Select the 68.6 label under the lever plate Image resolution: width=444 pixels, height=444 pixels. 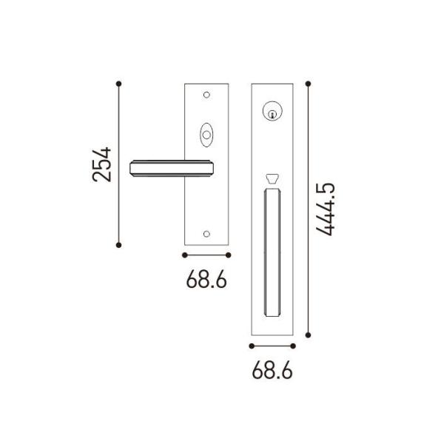(206, 280)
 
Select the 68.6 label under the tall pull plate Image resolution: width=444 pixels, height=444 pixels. (273, 371)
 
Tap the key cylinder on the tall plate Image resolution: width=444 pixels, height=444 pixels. (273, 113)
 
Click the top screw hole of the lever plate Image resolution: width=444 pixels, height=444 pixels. (206, 94)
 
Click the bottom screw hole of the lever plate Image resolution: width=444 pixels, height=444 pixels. (206, 234)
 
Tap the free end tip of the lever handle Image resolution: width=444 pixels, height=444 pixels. (134, 169)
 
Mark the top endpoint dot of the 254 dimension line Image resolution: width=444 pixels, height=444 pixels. (118, 83)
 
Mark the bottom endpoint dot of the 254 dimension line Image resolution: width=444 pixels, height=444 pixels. (118, 245)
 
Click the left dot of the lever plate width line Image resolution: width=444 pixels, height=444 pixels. (184, 255)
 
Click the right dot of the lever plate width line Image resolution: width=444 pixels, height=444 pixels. (229, 255)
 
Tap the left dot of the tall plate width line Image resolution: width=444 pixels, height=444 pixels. (252, 346)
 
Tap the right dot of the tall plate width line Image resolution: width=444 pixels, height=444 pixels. (295, 346)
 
